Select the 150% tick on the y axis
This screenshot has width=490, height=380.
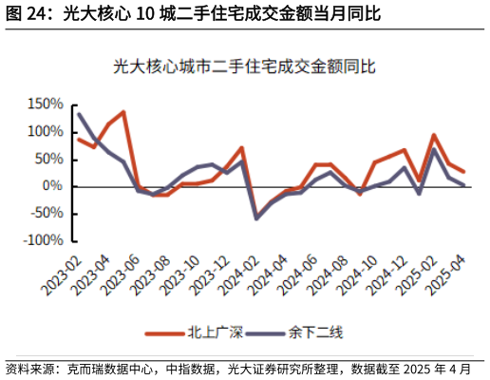[x=46, y=104]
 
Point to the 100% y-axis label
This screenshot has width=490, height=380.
[x=46, y=132]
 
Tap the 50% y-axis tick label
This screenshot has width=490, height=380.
[x=48, y=160]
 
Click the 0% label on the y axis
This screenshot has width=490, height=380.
[x=51, y=187]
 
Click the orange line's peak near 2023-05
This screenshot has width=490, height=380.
[x=123, y=112]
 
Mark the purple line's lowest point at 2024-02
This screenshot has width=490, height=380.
[x=255, y=218]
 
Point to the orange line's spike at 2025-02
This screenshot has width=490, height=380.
[x=434, y=135]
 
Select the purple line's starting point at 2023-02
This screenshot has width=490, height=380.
[x=78, y=114]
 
